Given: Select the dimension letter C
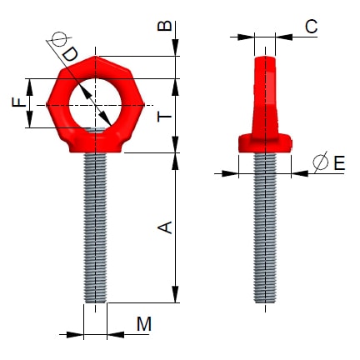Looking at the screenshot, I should pos(310,27).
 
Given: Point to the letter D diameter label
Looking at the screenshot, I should pos(72,54).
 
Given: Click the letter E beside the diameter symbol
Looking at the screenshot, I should pos(338,164).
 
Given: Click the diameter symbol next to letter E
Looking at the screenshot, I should pos(321,164).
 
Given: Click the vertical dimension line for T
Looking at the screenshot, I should pos(176,117).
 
